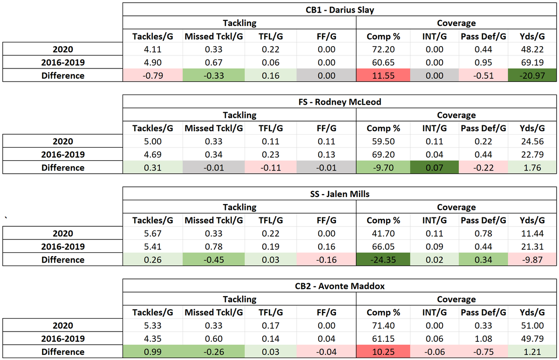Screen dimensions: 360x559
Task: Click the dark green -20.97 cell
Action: pyautogui.click(x=532, y=75)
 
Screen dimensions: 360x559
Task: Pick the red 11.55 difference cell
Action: pyautogui.click(x=382, y=75)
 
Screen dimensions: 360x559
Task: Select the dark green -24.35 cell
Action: pyautogui.click(x=382, y=260)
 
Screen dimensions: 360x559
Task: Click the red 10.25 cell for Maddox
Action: pyautogui.click(x=382, y=352)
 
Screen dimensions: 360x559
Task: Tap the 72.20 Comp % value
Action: pyautogui.click(x=382, y=49)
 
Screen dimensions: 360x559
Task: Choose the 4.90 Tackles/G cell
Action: pyautogui.click(x=153, y=62)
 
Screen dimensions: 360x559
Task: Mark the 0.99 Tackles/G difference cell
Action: pyautogui.click(x=153, y=352)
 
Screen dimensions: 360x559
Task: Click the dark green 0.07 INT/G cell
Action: pyautogui.click(x=435, y=168)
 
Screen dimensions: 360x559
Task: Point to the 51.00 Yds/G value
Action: pyautogui.click(x=532, y=326)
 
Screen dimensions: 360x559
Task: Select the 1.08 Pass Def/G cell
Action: pyautogui.click(x=483, y=339)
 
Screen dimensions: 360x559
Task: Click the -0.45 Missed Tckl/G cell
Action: pyautogui.click(x=212, y=260)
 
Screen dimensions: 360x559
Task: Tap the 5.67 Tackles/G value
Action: pyautogui.click(x=153, y=234)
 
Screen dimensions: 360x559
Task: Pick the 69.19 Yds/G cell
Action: pyautogui.click(x=532, y=62)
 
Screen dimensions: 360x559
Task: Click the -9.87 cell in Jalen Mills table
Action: pyautogui.click(x=532, y=260)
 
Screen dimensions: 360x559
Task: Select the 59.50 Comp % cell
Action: pyautogui.click(x=382, y=142)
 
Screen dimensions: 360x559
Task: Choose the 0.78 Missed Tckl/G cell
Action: pyautogui.click(x=212, y=247)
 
